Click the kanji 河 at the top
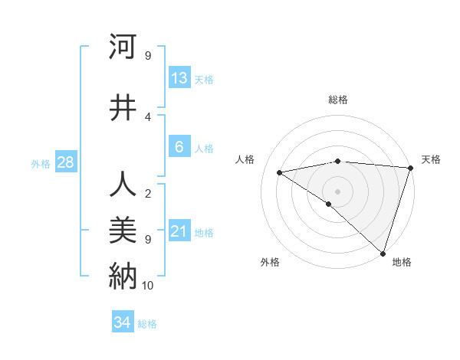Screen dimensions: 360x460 (x=123, y=47)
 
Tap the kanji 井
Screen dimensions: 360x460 (x=123, y=107)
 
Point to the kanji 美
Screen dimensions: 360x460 (x=123, y=230)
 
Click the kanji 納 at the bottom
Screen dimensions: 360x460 (x=123, y=274)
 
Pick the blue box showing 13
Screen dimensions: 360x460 (x=179, y=78)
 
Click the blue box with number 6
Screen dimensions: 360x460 (x=179, y=147)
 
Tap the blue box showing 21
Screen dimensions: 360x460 (x=179, y=231)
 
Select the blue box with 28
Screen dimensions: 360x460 (x=65, y=162)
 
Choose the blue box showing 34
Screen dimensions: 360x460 (x=123, y=322)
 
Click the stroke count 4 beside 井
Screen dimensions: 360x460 (x=148, y=116)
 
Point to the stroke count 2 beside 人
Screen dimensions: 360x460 (x=148, y=193)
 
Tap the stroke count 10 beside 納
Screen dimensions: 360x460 (x=148, y=285)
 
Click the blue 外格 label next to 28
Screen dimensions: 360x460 (x=41, y=163)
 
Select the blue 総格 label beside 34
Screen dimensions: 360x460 (x=147, y=324)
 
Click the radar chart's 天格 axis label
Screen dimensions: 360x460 (x=431, y=159)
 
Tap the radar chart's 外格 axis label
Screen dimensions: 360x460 (x=270, y=262)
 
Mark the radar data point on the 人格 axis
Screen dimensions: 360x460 (x=280, y=172)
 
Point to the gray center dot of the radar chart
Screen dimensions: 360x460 (x=337, y=191)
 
